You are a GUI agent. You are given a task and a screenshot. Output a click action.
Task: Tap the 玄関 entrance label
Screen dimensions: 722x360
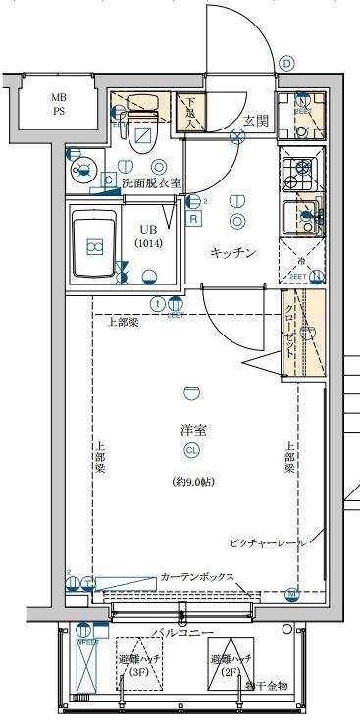tap(256, 120)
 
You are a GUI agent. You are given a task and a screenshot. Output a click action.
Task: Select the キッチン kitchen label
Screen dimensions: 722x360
tap(233, 253)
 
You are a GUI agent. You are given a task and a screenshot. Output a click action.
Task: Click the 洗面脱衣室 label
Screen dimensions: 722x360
tap(151, 182)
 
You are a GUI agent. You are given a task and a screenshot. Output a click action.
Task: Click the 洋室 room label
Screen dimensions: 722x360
tap(193, 430)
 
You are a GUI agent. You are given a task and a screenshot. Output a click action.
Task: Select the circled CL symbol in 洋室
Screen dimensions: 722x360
tap(193, 451)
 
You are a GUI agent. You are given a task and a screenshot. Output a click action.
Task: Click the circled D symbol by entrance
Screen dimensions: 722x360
tap(286, 62)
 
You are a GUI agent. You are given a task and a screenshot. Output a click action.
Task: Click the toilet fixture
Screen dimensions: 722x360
tap(144, 118)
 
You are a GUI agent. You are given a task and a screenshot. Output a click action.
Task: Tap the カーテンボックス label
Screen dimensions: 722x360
tap(196, 577)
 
